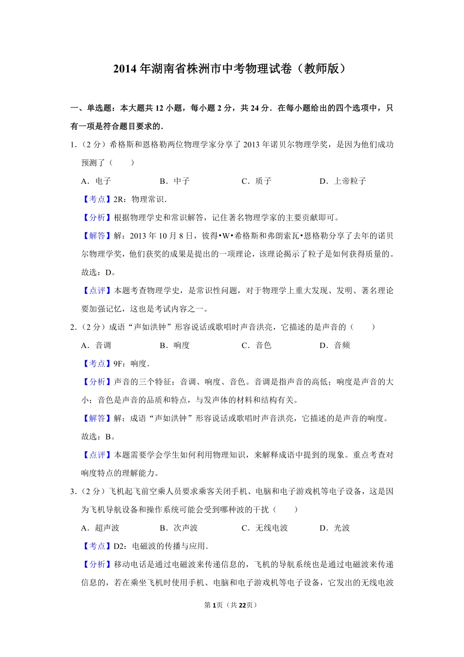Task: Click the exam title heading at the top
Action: point(232,68)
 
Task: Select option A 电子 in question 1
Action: point(96,181)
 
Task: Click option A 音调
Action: point(96,346)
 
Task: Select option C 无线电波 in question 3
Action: point(265,528)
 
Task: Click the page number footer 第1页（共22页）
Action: point(231,605)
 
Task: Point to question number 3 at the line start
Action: point(73,491)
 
